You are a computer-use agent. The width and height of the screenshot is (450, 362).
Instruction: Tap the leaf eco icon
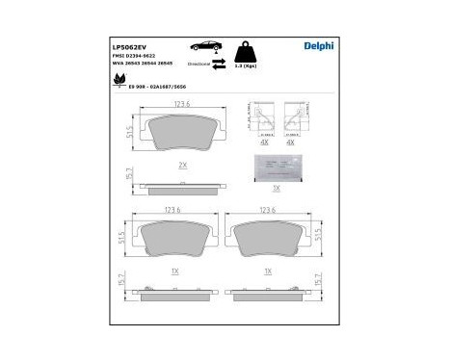(119, 85)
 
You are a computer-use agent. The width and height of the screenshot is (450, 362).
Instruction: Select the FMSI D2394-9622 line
(137, 56)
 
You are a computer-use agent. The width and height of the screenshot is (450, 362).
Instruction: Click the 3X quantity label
(276, 188)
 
